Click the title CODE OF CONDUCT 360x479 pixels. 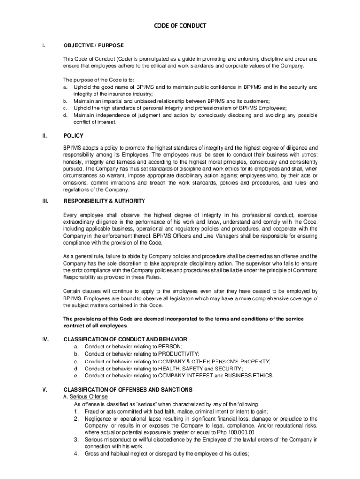point(180,26)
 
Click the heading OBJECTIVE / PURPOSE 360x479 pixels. point(94,45)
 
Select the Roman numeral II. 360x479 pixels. point(44,136)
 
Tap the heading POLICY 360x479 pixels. point(73,136)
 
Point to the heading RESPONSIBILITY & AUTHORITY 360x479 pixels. point(104,201)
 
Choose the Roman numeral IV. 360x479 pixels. point(44,339)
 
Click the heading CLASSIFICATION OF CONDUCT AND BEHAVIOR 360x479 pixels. point(125,339)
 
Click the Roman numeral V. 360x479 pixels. point(44,389)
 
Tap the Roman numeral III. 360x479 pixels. point(44,201)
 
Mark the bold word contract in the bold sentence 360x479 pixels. point(73,326)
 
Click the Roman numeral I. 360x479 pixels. point(43,45)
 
